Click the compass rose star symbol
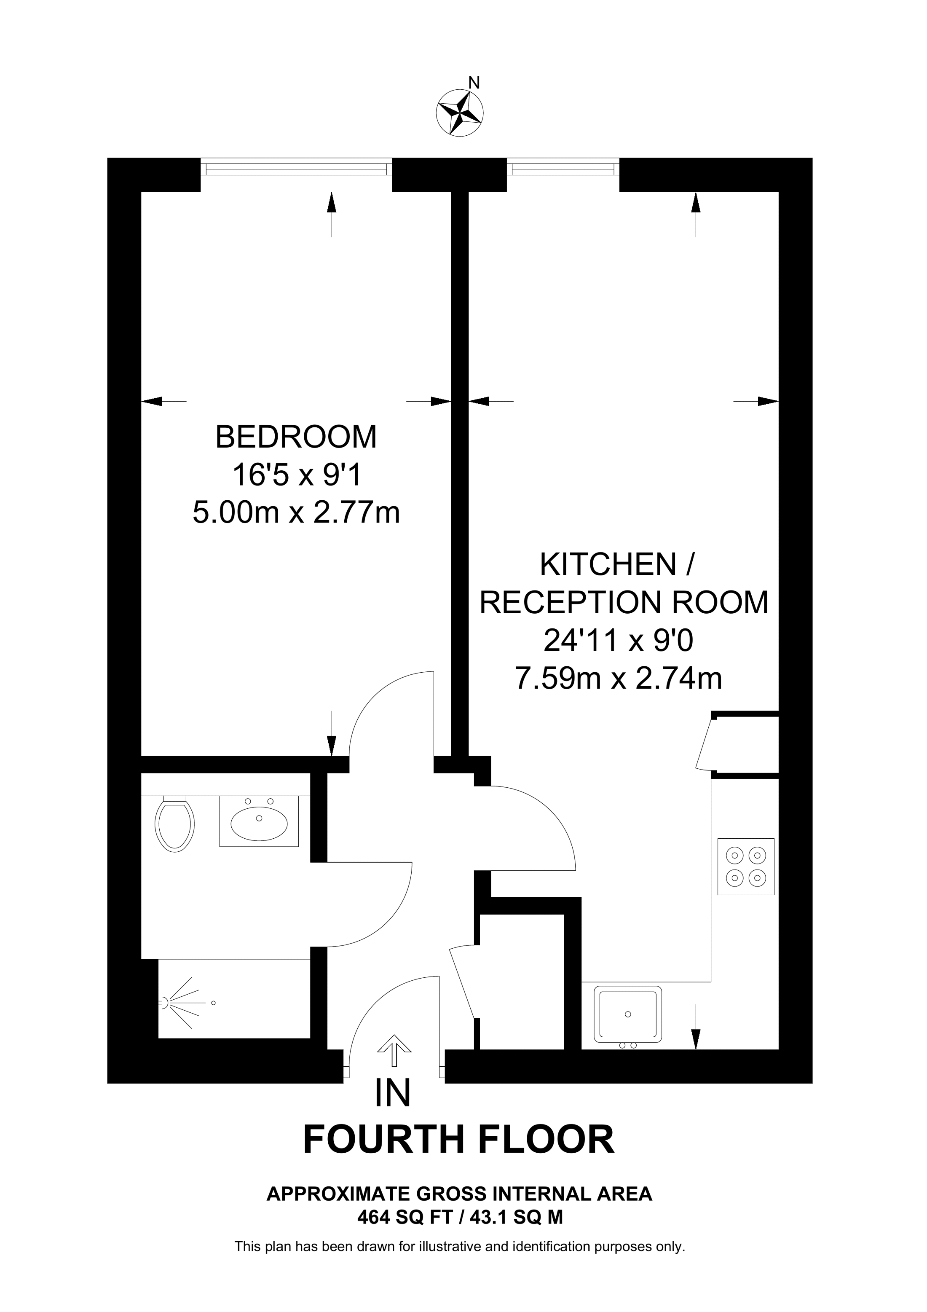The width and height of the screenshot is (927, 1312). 460,113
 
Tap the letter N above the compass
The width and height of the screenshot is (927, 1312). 474,83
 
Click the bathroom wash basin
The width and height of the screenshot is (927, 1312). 259,821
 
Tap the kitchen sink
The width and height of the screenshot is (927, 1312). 628,1014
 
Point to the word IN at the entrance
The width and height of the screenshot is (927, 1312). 393,1093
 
